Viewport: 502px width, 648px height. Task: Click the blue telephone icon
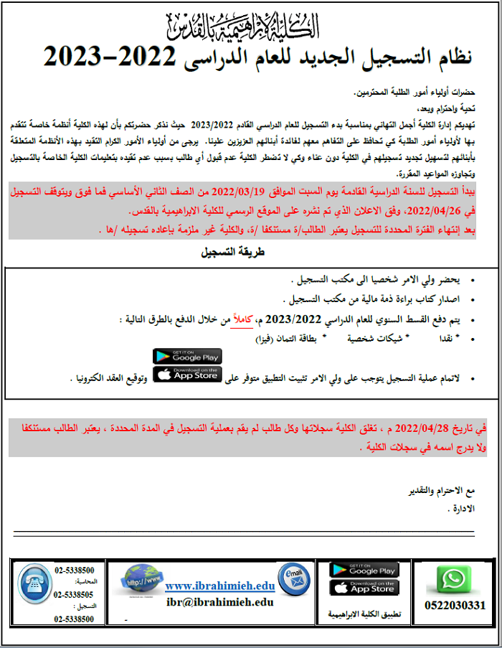34,583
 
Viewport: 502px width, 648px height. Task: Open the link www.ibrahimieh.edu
219,586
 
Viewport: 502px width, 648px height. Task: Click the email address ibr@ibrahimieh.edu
219,603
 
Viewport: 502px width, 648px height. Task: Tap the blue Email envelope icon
293,582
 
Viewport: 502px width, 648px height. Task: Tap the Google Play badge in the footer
364,570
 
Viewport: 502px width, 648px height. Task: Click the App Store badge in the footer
364,589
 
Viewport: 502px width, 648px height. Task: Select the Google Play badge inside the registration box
187,356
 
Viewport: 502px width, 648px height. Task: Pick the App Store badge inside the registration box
187,374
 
